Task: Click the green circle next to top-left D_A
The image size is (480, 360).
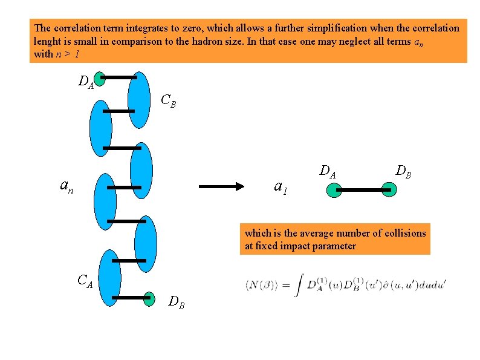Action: [100, 77]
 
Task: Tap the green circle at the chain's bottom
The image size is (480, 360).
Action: [149, 298]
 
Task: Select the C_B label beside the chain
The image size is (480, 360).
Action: [168, 100]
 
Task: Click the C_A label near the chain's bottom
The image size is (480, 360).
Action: [85, 281]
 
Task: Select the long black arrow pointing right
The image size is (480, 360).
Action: [221, 187]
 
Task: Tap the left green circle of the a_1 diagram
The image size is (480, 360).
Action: [334, 191]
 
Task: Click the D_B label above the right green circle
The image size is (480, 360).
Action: [404, 171]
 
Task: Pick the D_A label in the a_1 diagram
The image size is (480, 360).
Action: [328, 172]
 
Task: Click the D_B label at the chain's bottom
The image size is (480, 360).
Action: [177, 301]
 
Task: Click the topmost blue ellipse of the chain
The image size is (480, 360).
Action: [139, 100]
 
